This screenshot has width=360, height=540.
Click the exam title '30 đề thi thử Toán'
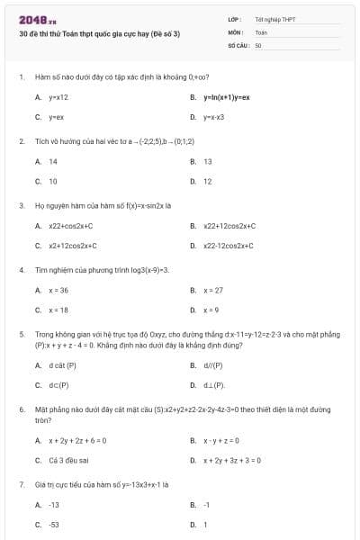[x=99, y=33]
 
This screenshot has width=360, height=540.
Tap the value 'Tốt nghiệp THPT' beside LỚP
[x=274, y=19]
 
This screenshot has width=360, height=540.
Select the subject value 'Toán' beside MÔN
[x=261, y=31]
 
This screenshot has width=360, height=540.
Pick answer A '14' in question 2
[x=53, y=161]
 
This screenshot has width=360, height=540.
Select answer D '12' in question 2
[x=208, y=181]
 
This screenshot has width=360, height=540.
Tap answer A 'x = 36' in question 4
[x=58, y=291]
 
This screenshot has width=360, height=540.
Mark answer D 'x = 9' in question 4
[x=211, y=310]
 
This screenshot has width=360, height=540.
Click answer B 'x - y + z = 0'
[x=220, y=440]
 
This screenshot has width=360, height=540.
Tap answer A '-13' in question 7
[x=54, y=505]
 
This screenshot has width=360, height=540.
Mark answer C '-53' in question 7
[x=54, y=524]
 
